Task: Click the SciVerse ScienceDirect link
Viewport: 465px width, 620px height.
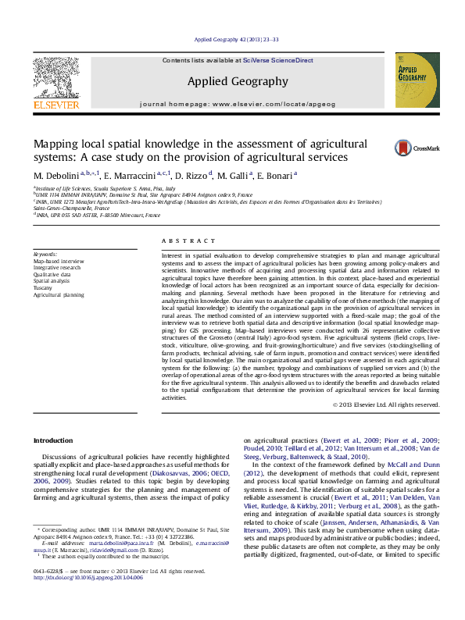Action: pos(277,60)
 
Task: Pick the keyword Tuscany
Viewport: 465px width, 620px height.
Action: pos(43,288)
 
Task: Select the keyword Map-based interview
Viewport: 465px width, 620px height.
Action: pos(58,261)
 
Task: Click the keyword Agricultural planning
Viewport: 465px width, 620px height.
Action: pos(59,295)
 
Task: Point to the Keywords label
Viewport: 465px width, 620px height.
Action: pos(45,255)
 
